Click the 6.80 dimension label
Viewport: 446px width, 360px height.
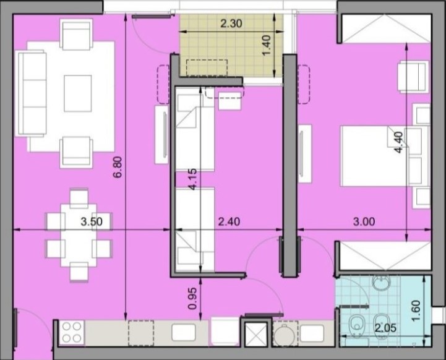pos(118,167)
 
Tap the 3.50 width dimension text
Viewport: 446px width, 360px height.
pos(92,221)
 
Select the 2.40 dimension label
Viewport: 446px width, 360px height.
pos(229,221)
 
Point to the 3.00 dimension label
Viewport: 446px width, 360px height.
pos(364,221)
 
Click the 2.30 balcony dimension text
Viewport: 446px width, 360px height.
pos(231,24)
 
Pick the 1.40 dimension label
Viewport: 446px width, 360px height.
pos(266,46)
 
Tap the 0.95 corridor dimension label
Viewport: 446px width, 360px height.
pos(192,299)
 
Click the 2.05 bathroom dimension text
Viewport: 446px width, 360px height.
pos(385,328)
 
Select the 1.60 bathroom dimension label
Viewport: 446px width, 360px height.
pos(416,311)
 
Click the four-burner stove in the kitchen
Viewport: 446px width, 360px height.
pos(72,333)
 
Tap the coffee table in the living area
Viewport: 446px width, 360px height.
pos(78,93)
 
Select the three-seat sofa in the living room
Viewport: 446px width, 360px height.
pos(32,93)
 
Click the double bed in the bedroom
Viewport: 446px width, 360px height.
pos(385,156)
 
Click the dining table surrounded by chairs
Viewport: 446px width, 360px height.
pos(79,236)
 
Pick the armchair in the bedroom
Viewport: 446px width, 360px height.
pos(413,77)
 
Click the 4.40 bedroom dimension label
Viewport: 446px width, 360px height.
pos(398,142)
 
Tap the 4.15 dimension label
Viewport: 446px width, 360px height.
pos(192,179)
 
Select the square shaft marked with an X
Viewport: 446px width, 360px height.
pos(256,335)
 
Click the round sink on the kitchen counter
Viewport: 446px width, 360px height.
pos(285,335)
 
